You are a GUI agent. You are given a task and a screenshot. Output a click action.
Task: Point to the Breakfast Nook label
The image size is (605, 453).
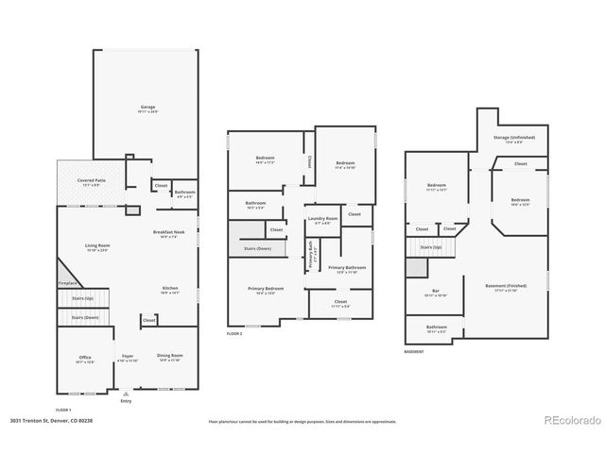coord(169,232)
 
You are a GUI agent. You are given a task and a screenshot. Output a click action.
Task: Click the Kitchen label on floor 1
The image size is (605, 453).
coord(169,289)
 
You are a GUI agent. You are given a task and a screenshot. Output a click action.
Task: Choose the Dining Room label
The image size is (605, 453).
coord(169,357)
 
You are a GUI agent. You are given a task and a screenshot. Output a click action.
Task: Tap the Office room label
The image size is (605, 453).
coord(85,359)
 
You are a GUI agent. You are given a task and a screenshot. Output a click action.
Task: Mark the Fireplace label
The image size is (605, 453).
coord(68,282)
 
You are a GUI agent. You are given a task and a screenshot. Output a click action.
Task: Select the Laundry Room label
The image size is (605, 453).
coord(323,221)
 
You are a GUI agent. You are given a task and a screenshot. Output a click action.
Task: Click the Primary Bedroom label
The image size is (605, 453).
coord(266,290)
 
